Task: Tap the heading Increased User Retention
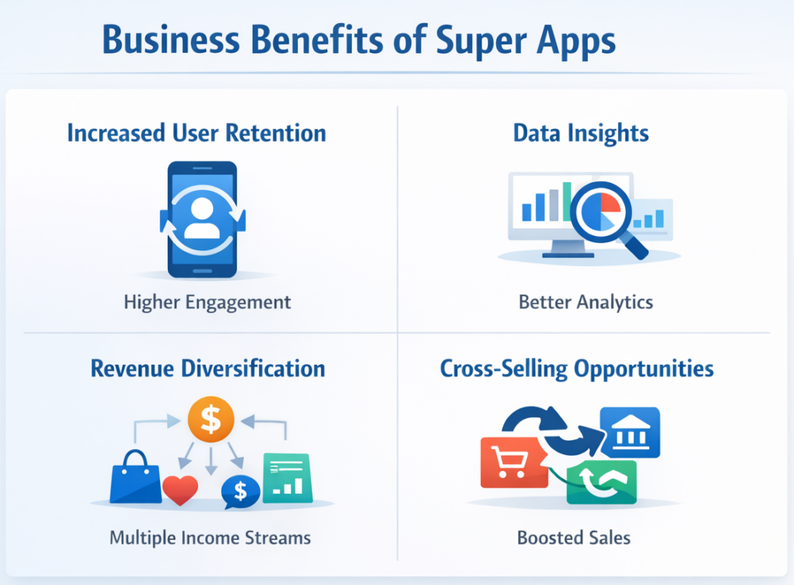196,133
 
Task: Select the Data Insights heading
581,133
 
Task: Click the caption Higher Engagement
207,301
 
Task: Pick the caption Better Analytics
585,301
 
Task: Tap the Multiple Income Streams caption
210,537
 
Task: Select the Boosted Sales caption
575,537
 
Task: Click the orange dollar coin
211,420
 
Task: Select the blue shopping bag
135,477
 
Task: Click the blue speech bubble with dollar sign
240,490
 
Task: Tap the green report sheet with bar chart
287,477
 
